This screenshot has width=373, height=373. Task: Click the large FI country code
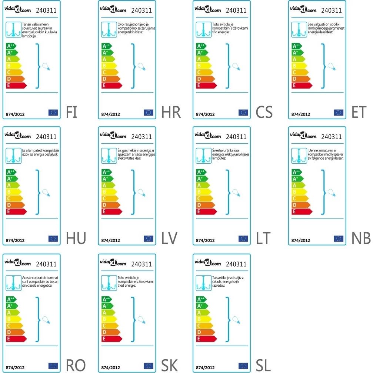[71, 112]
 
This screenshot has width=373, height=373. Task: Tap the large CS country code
[264, 112]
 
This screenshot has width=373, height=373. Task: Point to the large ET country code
[358, 112]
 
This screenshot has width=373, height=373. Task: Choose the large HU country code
[76, 238]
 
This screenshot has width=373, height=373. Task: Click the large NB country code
[361, 238]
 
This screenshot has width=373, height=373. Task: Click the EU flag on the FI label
[53, 113]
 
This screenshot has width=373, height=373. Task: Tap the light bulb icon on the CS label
[234, 67]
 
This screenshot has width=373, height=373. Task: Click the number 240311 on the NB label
[332, 137]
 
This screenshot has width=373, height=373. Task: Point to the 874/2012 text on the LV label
[110, 240]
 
